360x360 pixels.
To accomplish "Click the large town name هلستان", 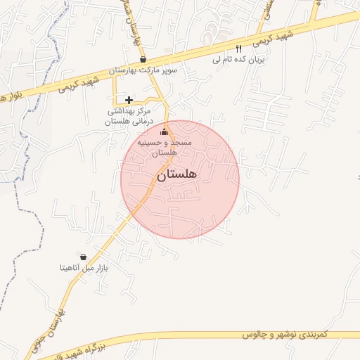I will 176,174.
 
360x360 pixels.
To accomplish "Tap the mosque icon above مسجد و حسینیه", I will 165,131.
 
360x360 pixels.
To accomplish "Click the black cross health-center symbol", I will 129,100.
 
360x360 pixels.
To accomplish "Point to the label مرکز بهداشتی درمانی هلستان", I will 129,116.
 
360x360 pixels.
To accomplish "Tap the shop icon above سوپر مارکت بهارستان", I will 143,60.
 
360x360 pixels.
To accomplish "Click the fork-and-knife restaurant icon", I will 239,49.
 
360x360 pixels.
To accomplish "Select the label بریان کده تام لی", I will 239,60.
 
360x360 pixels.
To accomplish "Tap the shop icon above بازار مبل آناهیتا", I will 84,257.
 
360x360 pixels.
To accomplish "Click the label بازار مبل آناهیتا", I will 84,267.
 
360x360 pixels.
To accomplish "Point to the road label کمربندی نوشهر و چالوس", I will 285,335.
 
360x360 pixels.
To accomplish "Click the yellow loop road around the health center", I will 116,91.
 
